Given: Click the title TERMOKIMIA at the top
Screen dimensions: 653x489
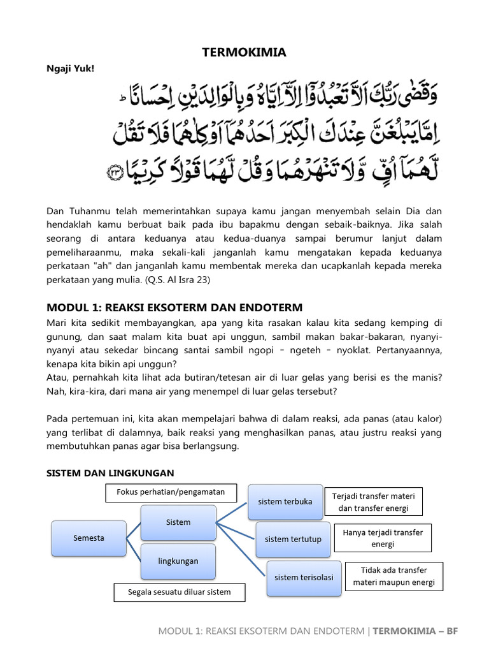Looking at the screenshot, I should pyautogui.click(x=244, y=52).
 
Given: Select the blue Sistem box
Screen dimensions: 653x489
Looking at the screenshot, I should pyautogui.click(x=178, y=522).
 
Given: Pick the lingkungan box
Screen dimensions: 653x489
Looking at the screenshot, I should pyautogui.click(x=178, y=561).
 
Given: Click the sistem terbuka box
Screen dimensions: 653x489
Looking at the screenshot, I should pyautogui.click(x=285, y=502).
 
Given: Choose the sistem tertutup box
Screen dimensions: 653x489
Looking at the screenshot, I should pyautogui.click(x=293, y=539).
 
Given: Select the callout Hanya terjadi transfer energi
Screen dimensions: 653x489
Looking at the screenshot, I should pyautogui.click(x=383, y=538).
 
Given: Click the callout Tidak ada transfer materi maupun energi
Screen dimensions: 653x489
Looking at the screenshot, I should pyautogui.click(x=393, y=576).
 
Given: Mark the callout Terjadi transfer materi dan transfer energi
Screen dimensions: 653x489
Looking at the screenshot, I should pyautogui.click(x=373, y=503).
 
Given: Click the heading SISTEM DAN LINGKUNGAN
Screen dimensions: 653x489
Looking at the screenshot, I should pyautogui.click(x=110, y=473).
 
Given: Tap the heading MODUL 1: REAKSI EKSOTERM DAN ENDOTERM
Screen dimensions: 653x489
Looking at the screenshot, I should pyautogui.click(x=174, y=307).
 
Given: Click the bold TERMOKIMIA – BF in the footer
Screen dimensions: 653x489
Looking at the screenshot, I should pyautogui.click(x=415, y=631).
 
